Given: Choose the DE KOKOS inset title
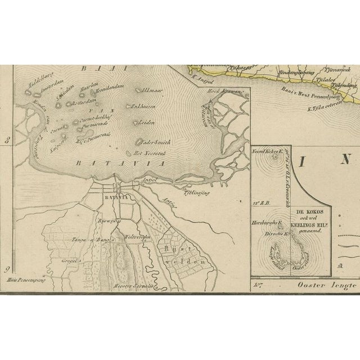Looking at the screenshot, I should click(x=311, y=215).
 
